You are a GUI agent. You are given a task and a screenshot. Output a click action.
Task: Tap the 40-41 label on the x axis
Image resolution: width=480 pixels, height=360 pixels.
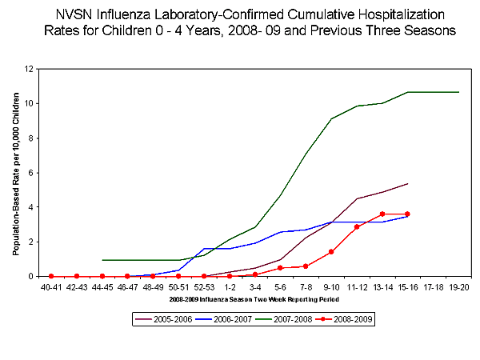(x=51, y=286)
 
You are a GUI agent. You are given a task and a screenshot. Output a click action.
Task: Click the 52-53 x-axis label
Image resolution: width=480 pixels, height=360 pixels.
(x=204, y=286)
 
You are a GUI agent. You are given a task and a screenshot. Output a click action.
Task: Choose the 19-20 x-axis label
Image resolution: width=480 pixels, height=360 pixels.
(x=459, y=286)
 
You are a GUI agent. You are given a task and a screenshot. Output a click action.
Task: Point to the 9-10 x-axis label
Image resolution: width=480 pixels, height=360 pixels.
(x=332, y=286)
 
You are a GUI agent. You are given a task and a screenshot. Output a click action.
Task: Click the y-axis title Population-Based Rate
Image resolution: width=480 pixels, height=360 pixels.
(x=17, y=173)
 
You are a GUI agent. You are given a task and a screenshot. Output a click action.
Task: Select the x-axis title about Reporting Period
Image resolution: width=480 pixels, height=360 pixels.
(x=254, y=298)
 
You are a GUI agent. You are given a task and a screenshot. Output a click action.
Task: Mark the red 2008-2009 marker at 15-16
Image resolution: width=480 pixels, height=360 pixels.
(x=408, y=214)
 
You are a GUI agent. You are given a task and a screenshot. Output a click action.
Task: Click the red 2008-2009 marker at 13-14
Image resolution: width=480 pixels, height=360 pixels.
(x=382, y=214)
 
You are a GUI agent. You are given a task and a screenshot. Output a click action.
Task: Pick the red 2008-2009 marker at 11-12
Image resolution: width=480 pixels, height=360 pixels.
(x=357, y=227)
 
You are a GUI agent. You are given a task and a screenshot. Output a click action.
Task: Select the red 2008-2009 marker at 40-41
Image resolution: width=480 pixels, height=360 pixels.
(x=51, y=276)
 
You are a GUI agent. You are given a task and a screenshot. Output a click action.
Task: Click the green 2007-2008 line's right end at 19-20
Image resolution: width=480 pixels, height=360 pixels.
(x=459, y=92)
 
